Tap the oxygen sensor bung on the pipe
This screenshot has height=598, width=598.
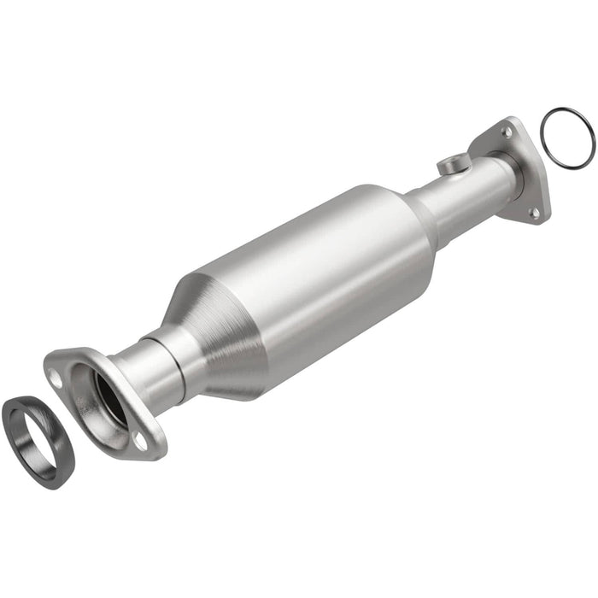tap(454, 163)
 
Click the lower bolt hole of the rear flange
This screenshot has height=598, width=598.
tap(535, 213)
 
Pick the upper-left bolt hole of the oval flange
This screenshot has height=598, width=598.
tap(56, 375)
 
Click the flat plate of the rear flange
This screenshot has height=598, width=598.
tap(523, 171)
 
